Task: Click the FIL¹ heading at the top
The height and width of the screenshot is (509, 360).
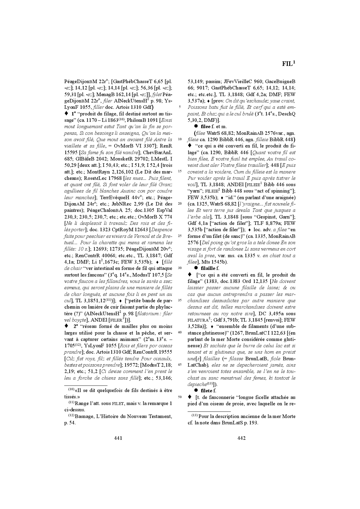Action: [x=288, y=64]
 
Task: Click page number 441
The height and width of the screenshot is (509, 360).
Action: [x=118, y=438]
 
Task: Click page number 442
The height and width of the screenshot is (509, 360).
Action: [x=241, y=438]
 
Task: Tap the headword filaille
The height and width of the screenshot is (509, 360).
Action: [x=208, y=268]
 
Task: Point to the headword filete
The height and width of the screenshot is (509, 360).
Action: [x=206, y=391]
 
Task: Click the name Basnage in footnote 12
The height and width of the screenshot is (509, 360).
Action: [x=85, y=417]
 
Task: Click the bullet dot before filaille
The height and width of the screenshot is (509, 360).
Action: [x=196, y=268]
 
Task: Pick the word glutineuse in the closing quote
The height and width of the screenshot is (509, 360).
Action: [x=197, y=345]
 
